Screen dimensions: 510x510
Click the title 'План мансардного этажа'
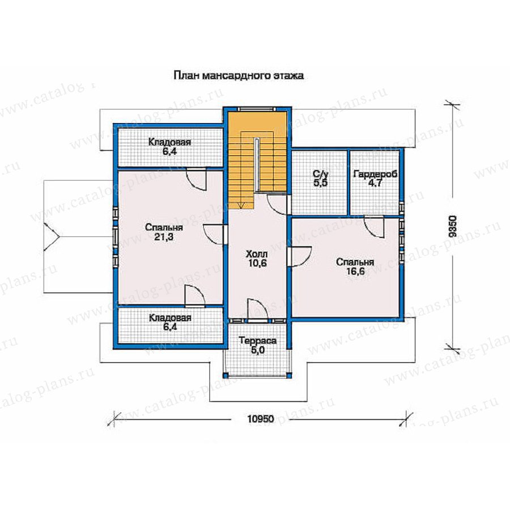point(239,76)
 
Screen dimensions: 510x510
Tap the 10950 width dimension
point(260,419)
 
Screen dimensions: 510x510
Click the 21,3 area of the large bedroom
point(164,237)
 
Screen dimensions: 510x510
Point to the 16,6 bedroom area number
point(355,271)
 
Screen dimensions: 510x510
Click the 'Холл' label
point(257,254)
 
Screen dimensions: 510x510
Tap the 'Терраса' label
point(258,341)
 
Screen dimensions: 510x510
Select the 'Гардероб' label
point(375,174)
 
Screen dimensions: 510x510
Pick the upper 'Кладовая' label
point(169,142)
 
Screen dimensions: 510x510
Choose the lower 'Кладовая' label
point(170,318)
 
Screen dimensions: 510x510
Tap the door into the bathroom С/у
point(278,204)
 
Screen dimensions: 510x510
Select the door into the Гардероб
point(374,226)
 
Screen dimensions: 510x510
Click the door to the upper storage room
point(196,180)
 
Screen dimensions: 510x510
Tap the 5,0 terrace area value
point(258,350)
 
